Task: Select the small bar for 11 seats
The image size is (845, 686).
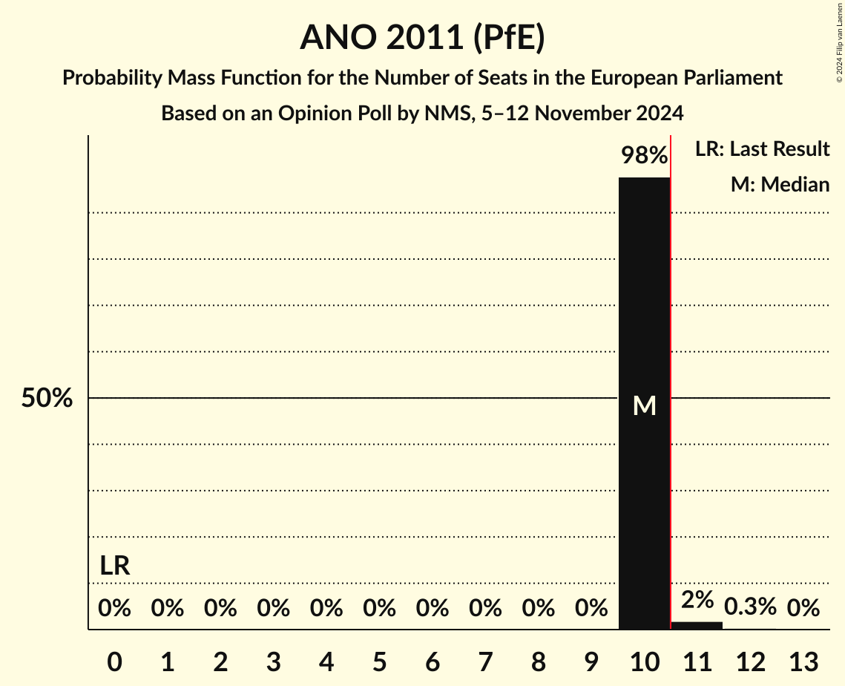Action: click(697, 625)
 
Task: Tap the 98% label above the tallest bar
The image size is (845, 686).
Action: click(644, 156)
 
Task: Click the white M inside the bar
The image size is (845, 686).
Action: click(644, 406)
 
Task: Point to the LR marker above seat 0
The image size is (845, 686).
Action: click(115, 566)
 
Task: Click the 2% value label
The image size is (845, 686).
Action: click(697, 599)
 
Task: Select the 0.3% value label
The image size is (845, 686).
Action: click(750, 607)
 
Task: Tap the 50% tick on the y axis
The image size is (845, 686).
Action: click(47, 399)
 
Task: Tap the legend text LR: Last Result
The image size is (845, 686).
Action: click(762, 149)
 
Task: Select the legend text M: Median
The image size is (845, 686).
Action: click(780, 184)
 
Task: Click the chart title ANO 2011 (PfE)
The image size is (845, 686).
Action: click(422, 37)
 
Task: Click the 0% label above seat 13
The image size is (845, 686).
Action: click(803, 609)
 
